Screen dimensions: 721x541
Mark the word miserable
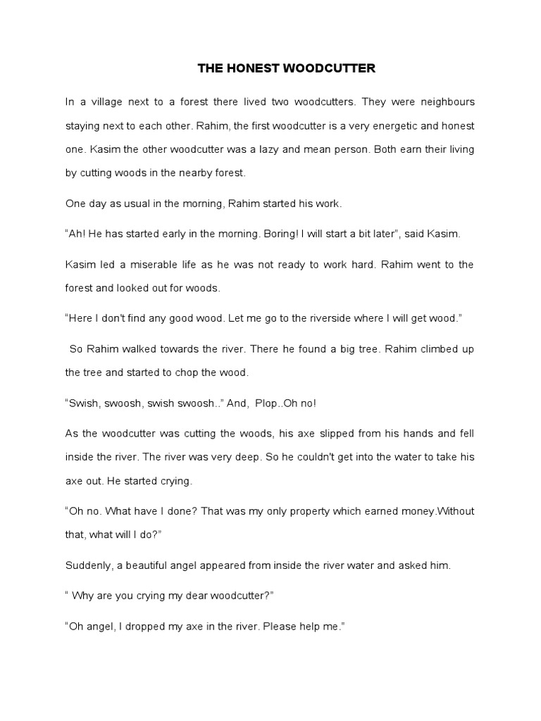point(150,265)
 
